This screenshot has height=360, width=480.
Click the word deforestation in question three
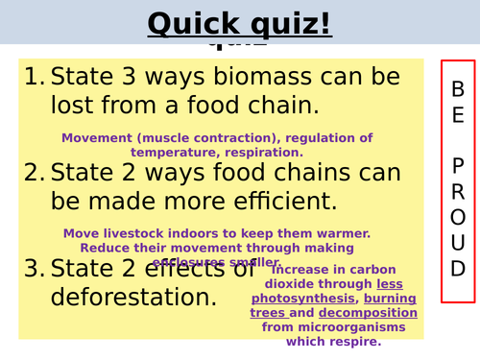click(126, 296)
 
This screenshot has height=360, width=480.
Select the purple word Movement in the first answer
click(94, 137)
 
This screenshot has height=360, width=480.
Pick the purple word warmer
click(345, 233)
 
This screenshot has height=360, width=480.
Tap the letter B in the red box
click(458, 88)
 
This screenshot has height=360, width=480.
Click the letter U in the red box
click(458, 241)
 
